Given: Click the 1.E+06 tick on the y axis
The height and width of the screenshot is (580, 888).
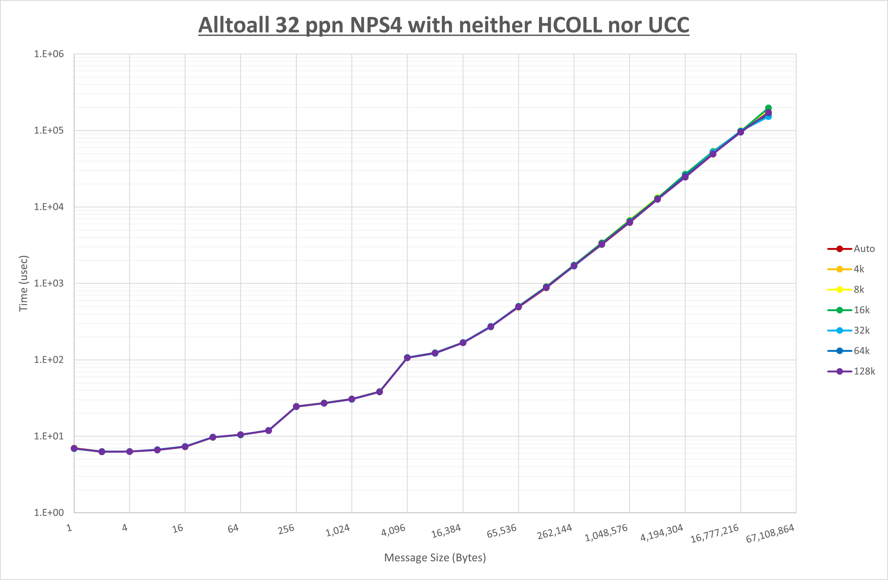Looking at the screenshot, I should point(49,54).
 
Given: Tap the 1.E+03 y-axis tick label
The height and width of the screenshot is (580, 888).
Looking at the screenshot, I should point(49,283).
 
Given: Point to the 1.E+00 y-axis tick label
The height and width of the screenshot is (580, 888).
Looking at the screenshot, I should point(49,512).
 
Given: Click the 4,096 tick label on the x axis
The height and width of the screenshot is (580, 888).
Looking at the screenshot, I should point(393,530).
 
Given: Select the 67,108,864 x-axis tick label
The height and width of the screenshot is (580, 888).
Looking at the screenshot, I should point(770,533).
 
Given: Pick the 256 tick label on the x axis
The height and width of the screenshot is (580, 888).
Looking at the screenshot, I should point(286,529).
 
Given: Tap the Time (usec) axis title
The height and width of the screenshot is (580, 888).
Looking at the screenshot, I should point(24,283).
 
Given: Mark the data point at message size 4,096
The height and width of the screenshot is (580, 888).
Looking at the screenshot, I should point(407,358).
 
